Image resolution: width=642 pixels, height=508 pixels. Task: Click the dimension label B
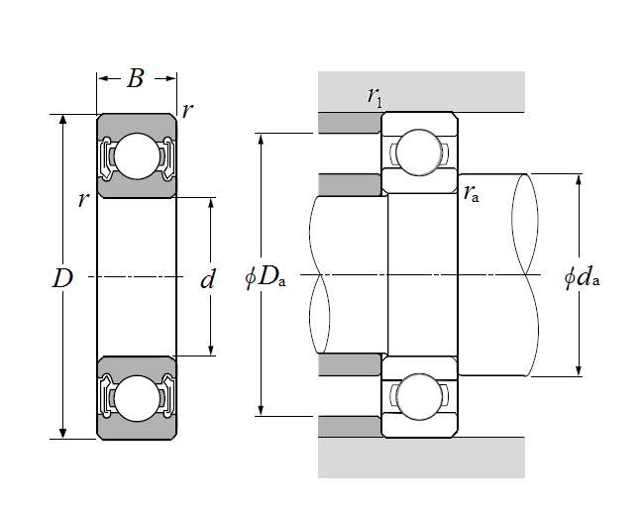coord(136,79)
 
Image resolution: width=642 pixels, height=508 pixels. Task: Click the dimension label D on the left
coord(62,278)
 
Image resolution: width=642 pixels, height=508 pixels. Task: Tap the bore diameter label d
coord(207,280)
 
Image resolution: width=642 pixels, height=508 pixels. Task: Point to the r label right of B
coord(188,110)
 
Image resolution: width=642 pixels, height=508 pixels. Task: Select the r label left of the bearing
coord(83,199)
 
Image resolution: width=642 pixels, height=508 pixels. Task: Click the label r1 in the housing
coord(374,96)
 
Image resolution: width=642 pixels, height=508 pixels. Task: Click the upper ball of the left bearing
coord(136,154)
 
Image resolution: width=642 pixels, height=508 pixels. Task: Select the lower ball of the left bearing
coord(136,397)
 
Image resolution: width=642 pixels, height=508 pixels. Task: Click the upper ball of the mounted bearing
coord(420,151)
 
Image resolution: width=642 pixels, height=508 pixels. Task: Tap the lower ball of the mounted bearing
coord(420,395)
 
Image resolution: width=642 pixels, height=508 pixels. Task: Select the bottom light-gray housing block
coord(421,458)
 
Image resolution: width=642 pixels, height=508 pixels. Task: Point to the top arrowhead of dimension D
coord(63,120)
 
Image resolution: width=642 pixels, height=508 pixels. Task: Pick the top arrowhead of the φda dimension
coord(579,179)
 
